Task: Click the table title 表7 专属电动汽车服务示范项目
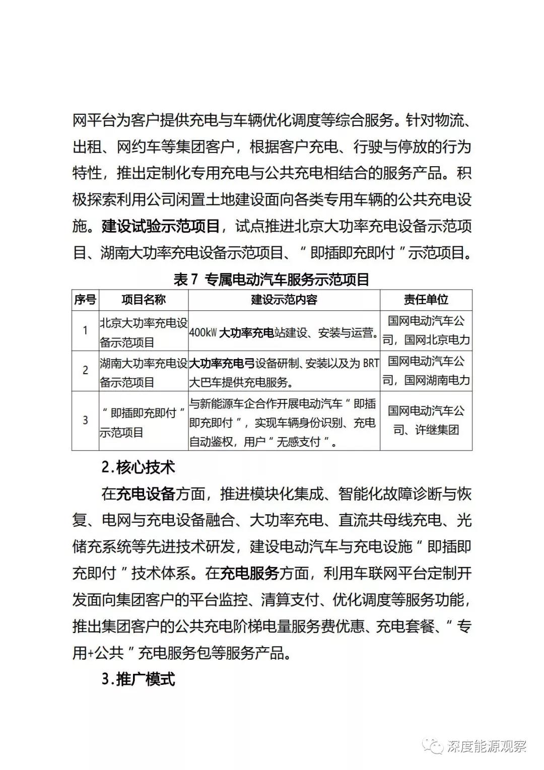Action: pyautogui.click(x=271, y=279)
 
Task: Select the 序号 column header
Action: pyautogui.click(x=85, y=300)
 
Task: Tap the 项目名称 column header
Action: pyautogui.click(x=144, y=300)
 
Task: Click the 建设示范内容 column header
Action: pyautogui.click(x=284, y=300)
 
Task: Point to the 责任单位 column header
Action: pyautogui.click(x=426, y=300)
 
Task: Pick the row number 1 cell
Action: pyautogui.click(x=85, y=330)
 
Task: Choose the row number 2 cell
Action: pyautogui.click(x=85, y=371)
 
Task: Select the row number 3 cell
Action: pyautogui.click(x=85, y=420)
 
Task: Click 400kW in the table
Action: pyautogui.click(x=203, y=333)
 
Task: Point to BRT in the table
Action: pyautogui.click(x=370, y=363)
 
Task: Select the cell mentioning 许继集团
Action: pyautogui.click(x=426, y=420)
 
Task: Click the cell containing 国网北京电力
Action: pyautogui.click(x=426, y=330)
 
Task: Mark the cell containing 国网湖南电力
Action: pyautogui.click(x=426, y=371)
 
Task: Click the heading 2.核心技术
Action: pyautogui.click(x=138, y=467)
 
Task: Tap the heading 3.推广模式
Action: pyautogui.click(x=138, y=679)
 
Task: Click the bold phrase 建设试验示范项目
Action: pyautogui.click(x=161, y=226)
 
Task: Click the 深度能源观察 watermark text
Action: pyautogui.click(x=486, y=746)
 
